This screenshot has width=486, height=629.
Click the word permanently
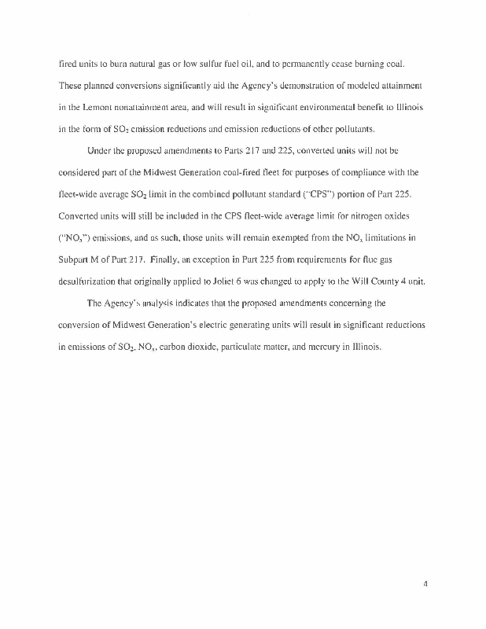(315, 63)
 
